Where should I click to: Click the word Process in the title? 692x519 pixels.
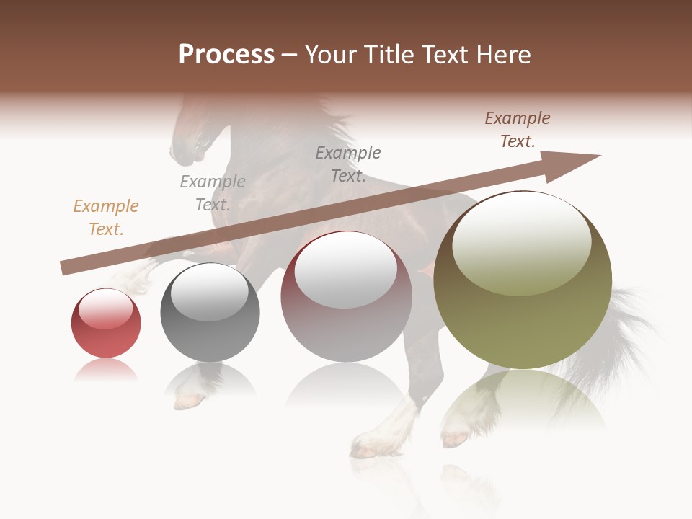pyautogui.click(x=226, y=55)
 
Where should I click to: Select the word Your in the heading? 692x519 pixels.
pyautogui.click(x=329, y=55)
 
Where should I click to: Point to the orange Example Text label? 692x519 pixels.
pyautogui.click(x=106, y=217)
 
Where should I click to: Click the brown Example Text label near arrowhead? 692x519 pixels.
pyautogui.click(x=518, y=129)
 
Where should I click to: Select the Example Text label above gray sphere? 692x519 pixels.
pyautogui.click(x=213, y=192)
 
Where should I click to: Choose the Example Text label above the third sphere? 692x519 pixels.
pyautogui.click(x=348, y=164)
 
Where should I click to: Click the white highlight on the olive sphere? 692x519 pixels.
pyautogui.click(x=521, y=241)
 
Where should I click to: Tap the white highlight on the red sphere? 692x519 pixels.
pyautogui.click(x=105, y=308)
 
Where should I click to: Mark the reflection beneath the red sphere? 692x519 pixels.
pyautogui.click(x=106, y=371)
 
